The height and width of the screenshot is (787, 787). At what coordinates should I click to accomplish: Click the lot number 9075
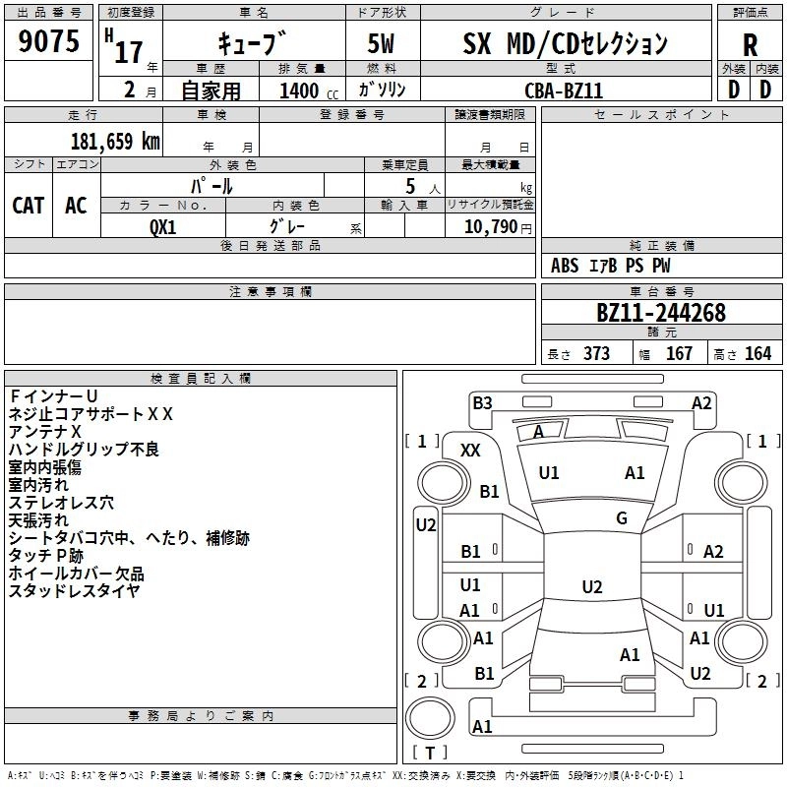click(48, 42)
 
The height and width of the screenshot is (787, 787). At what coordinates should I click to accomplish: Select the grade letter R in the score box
click(751, 44)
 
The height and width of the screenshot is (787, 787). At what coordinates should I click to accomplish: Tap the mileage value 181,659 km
click(115, 141)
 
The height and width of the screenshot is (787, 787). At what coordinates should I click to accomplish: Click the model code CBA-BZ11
click(564, 91)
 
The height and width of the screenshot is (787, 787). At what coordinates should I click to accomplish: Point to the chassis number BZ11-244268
click(661, 313)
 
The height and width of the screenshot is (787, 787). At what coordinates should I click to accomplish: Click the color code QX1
click(163, 225)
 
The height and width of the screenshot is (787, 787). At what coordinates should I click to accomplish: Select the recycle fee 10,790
click(489, 225)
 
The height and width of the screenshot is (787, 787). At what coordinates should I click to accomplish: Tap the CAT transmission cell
click(29, 205)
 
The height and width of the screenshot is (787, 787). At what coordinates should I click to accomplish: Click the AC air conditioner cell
click(76, 205)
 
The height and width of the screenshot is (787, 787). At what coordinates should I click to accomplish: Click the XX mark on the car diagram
click(471, 450)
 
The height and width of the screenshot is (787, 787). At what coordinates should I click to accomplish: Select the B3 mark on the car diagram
click(482, 402)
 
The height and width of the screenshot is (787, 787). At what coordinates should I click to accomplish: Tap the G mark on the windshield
click(622, 518)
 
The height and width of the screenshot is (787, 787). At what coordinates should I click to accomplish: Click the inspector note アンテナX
click(45, 431)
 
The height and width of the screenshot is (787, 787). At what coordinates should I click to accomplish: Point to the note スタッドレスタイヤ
click(75, 590)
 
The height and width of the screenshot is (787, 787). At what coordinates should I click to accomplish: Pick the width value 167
click(679, 353)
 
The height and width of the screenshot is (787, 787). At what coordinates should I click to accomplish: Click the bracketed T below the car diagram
click(429, 754)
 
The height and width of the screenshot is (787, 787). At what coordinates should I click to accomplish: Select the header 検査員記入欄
click(201, 378)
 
